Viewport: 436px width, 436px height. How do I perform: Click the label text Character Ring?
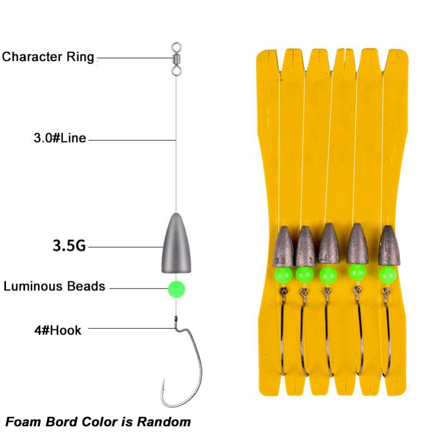[48, 57]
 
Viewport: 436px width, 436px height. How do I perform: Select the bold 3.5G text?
[69, 246]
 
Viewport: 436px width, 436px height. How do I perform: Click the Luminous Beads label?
[54, 286]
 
